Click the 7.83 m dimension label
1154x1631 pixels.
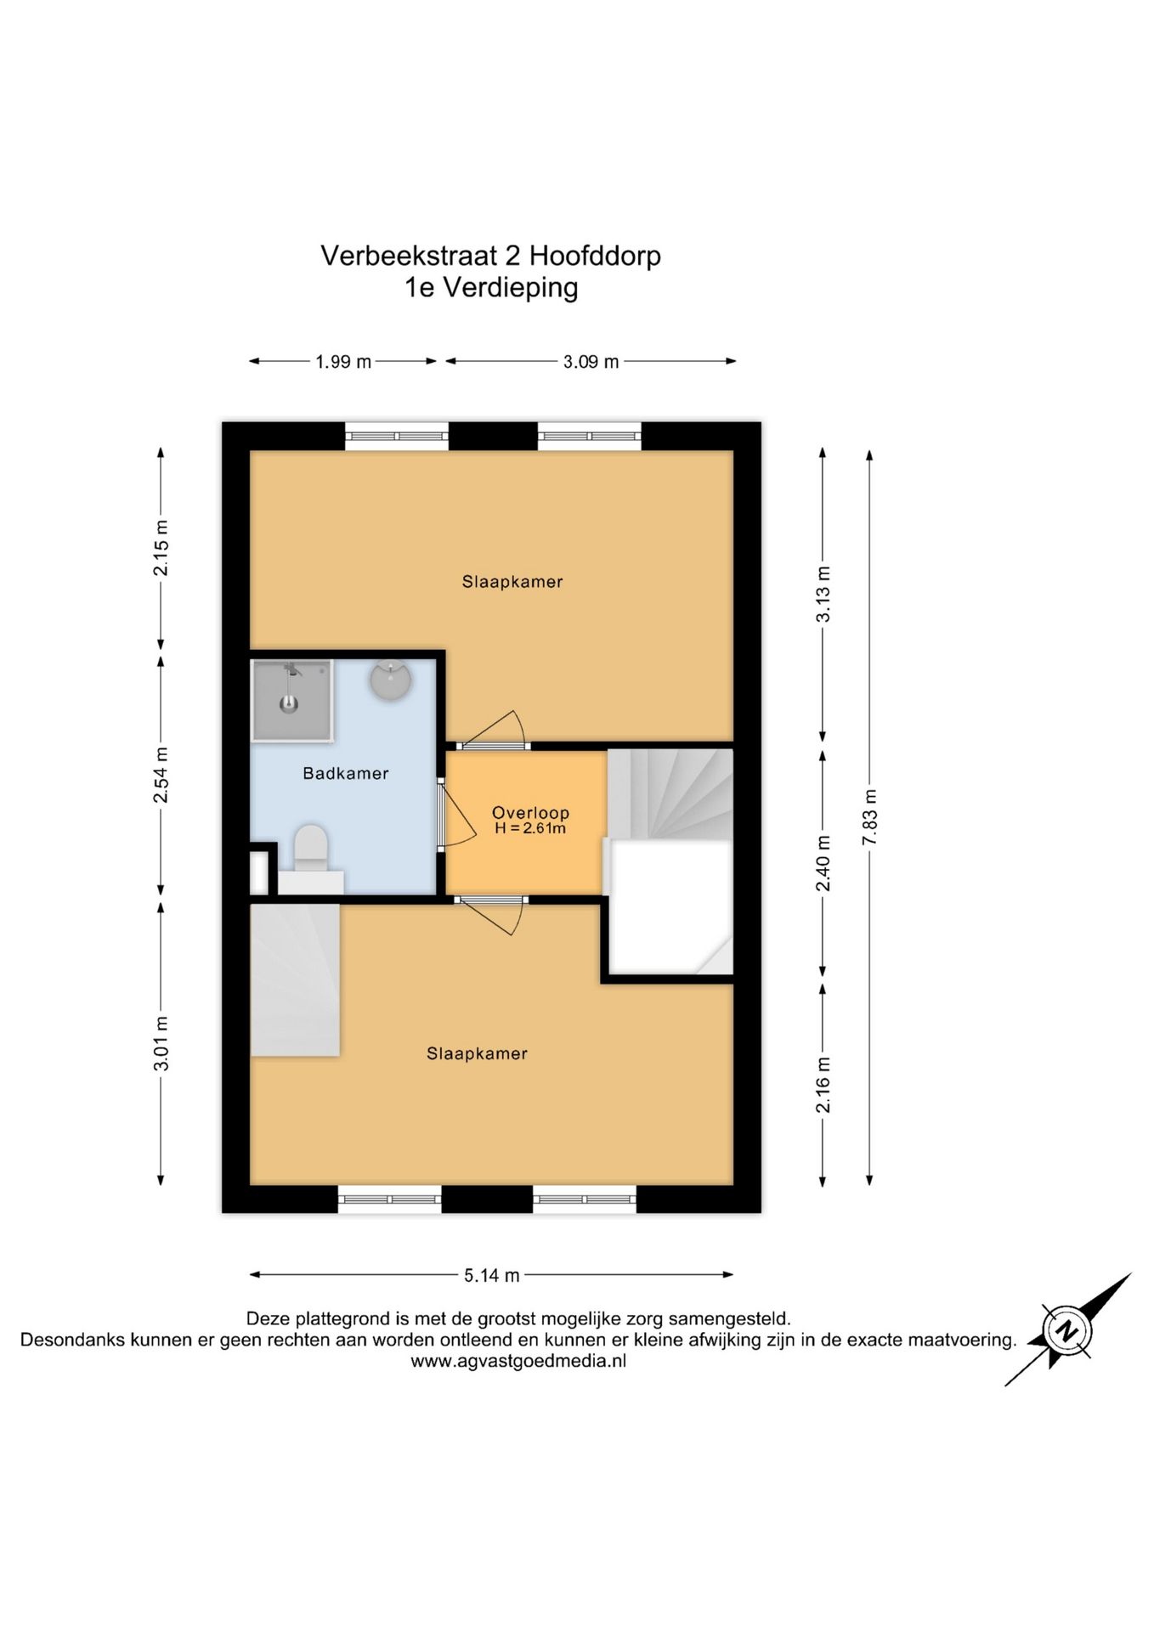point(869,817)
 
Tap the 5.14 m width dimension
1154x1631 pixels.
point(492,1275)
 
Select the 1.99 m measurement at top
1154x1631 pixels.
point(343,362)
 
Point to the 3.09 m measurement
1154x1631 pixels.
point(591,362)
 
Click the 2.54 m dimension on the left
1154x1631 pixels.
point(161,775)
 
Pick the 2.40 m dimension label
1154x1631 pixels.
point(823,863)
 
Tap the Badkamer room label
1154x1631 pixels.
point(346,773)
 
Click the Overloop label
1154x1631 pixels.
point(530,813)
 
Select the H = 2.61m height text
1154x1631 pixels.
point(530,828)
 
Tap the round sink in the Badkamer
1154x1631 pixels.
point(391,680)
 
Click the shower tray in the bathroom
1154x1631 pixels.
point(291,701)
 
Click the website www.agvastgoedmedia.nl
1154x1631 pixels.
point(518,1361)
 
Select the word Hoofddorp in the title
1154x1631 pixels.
point(594,256)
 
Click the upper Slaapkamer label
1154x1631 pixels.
point(512,582)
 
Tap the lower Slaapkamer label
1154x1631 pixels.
point(477,1053)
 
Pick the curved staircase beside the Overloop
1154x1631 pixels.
point(670,794)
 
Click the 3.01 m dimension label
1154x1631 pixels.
point(161,1043)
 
